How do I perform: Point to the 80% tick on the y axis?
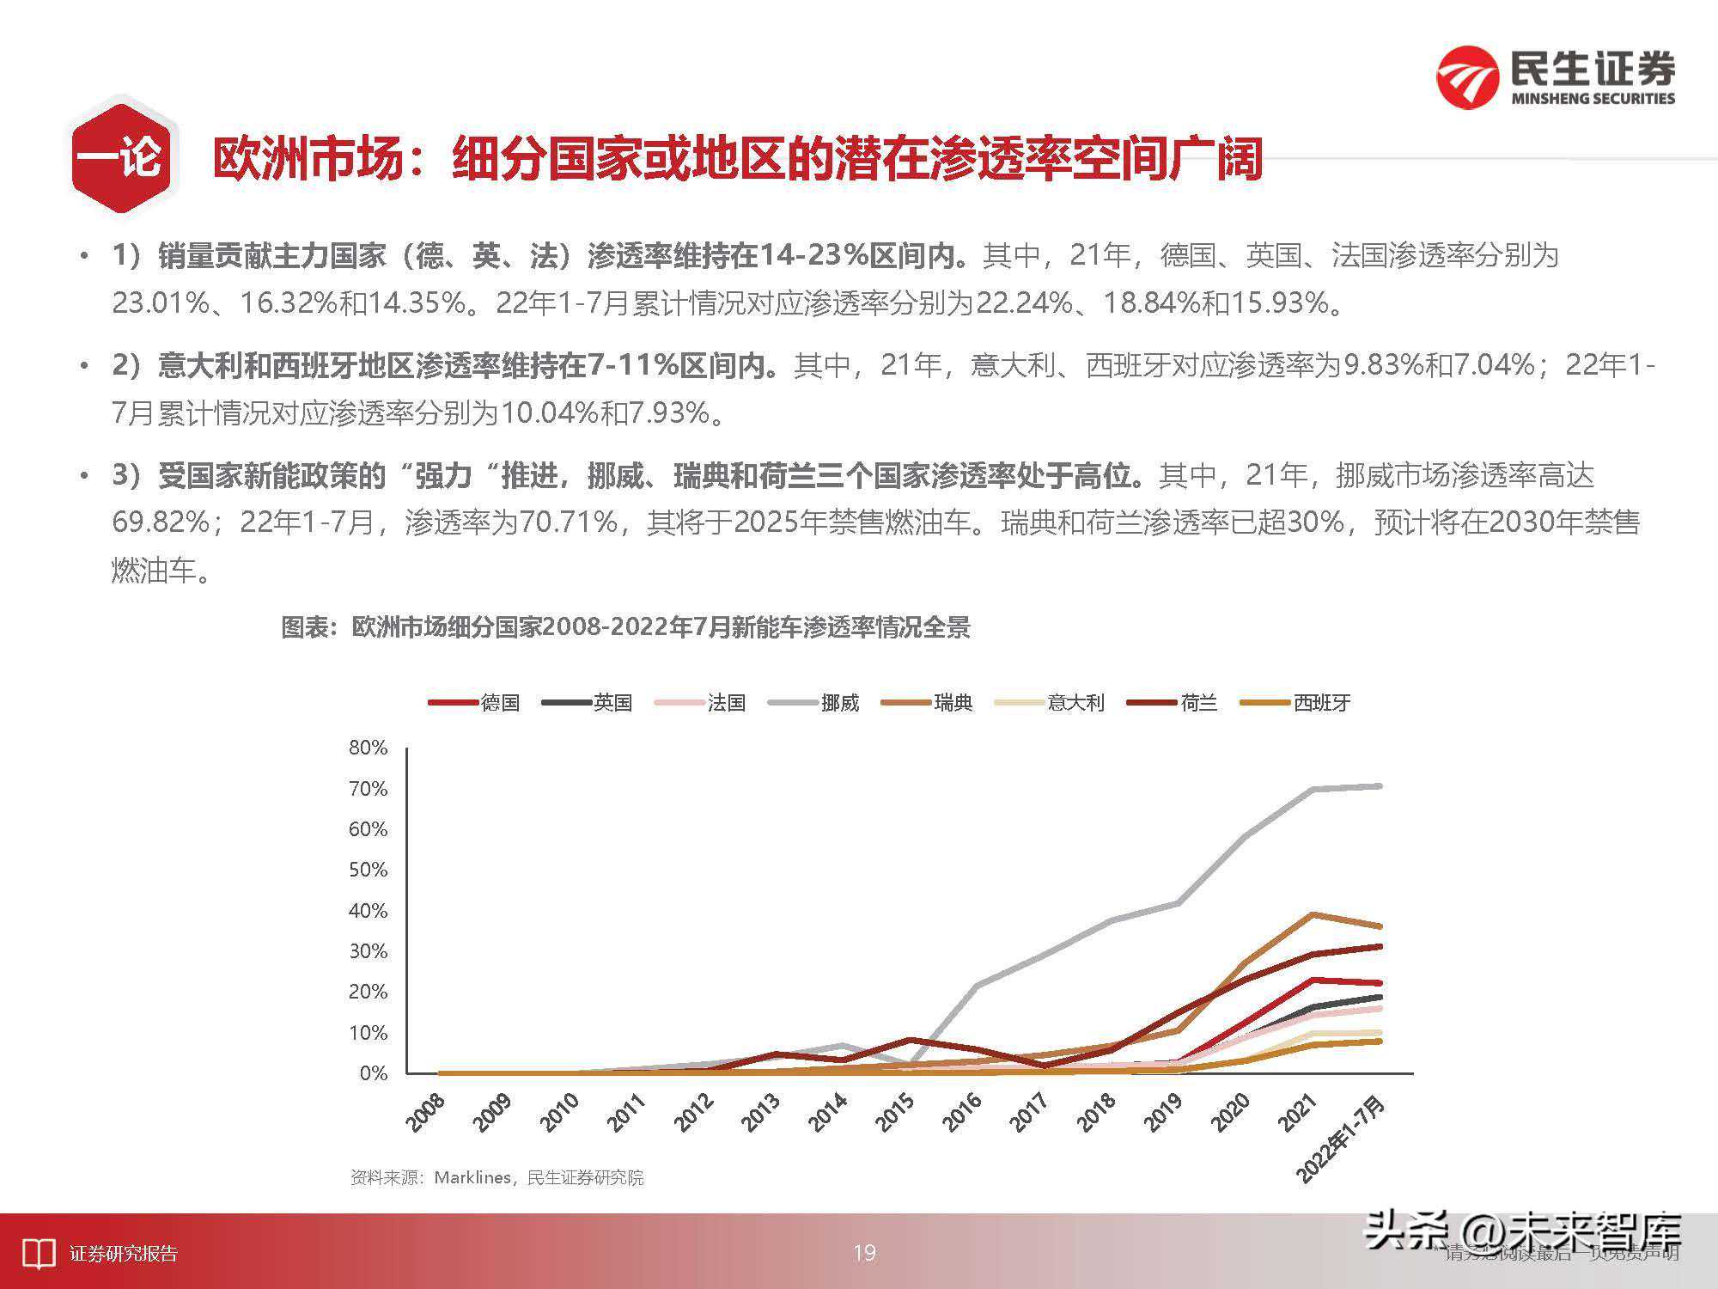coord(369,748)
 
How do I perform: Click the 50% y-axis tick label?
coord(369,870)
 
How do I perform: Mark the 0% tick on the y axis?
coord(374,1073)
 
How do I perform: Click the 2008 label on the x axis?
coord(426,1112)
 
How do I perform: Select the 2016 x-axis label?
coord(961,1112)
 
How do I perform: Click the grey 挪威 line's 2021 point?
coord(1313,790)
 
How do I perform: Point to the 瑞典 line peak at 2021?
coord(1313,914)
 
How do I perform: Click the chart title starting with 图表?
coord(625,627)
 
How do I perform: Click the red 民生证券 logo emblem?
coord(1468,78)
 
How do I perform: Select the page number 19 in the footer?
coord(864,1253)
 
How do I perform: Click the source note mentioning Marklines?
coord(497,1177)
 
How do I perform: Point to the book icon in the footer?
coord(38,1254)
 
